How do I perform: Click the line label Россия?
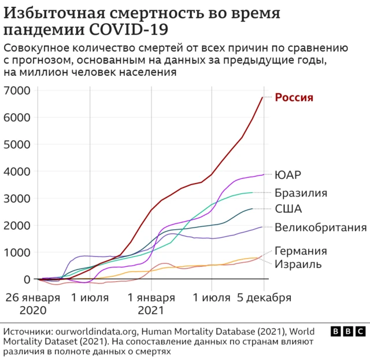tap(294, 97)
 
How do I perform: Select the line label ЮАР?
tap(288, 175)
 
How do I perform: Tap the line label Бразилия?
tap(301, 193)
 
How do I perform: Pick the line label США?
tap(288, 209)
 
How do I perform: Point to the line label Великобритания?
tap(320, 226)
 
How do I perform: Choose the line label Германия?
tap(301, 251)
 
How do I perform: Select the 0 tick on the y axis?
tap(27, 279)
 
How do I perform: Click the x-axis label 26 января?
tap(34, 298)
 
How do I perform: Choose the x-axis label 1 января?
tap(151, 298)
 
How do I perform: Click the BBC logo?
tap(347, 332)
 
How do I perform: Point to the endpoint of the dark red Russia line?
tap(263, 97)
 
